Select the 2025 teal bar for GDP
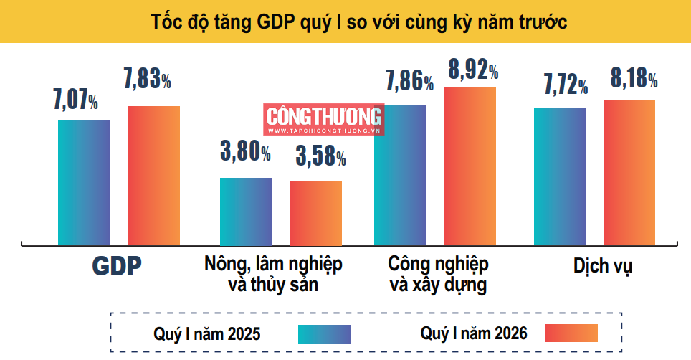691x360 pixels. point(84,182)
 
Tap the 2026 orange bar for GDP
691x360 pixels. point(154,176)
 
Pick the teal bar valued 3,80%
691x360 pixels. point(245,211)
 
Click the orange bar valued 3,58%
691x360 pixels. point(316,213)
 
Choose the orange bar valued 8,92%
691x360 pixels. point(470,166)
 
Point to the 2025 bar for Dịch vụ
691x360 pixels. point(560,176)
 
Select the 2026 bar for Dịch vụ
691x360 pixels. point(629,172)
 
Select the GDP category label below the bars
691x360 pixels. point(116,266)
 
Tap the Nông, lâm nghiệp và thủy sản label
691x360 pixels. point(273,274)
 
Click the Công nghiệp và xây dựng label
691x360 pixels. point(438,274)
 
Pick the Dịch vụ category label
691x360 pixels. point(603,265)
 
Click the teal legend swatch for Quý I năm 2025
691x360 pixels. point(324,333)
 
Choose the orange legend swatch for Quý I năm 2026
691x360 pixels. point(571,333)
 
